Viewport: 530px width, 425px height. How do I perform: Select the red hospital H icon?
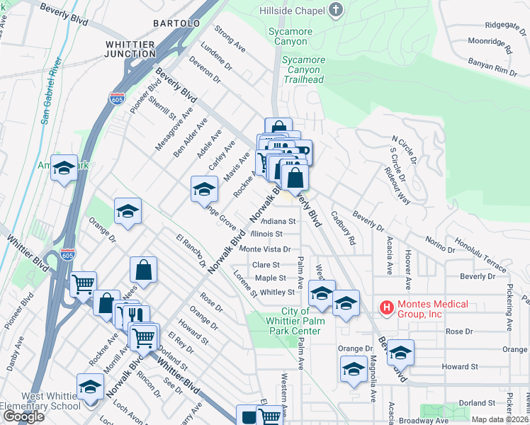(x=387, y=307)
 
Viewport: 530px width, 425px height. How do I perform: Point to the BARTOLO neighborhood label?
(x=176, y=23)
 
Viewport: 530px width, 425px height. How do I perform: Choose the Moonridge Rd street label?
(x=490, y=47)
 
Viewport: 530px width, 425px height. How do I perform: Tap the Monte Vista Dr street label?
(x=266, y=249)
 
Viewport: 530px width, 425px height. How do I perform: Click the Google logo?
(x=23, y=416)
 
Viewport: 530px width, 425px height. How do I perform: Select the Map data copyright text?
(x=500, y=419)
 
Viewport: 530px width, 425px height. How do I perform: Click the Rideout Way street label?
(x=397, y=186)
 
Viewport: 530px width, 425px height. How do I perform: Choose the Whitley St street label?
(x=276, y=292)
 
